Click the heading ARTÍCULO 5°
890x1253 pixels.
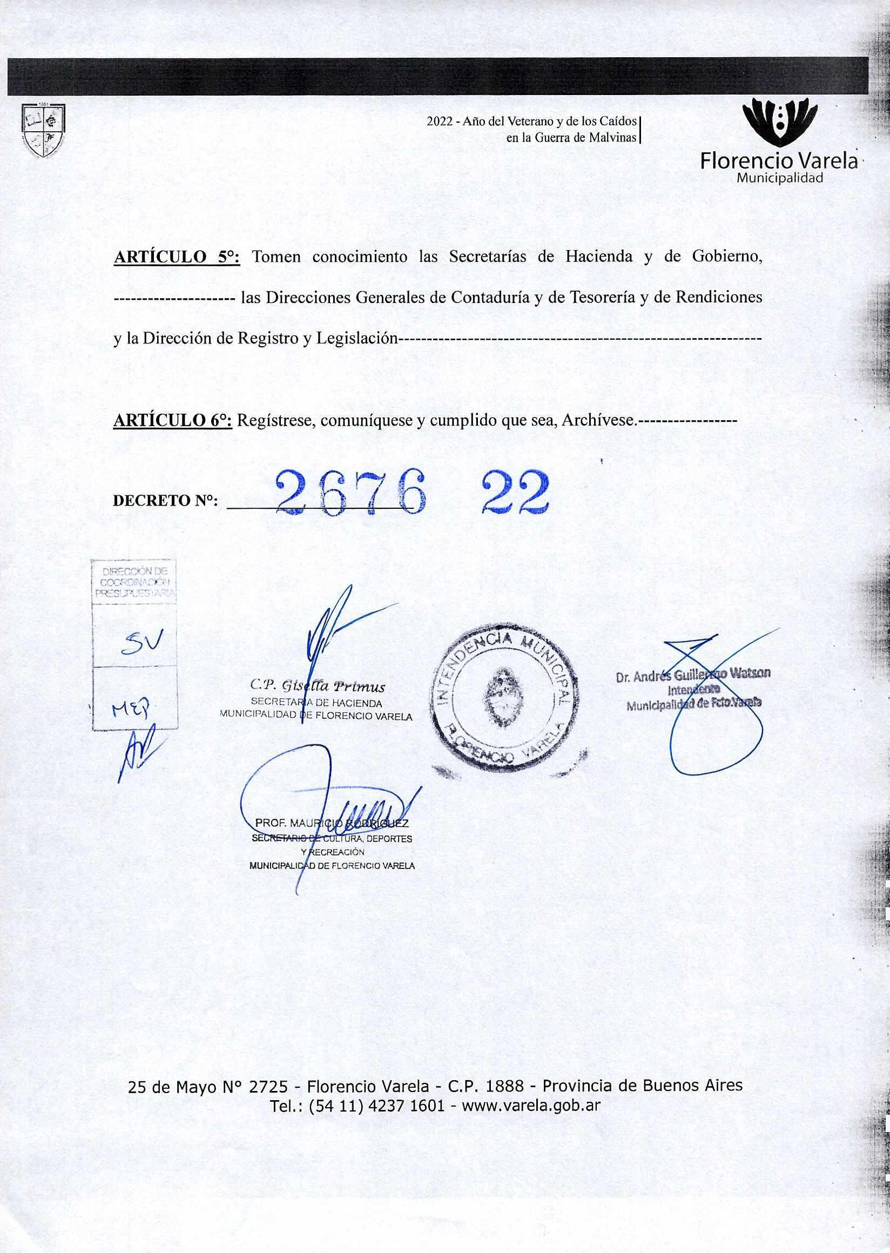[177, 257]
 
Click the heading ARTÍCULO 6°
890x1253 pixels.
[173, 420]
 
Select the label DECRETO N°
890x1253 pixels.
[165, 501]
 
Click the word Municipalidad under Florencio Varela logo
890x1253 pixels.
[779, 178]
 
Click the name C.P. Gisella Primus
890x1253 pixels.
[318, 686]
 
